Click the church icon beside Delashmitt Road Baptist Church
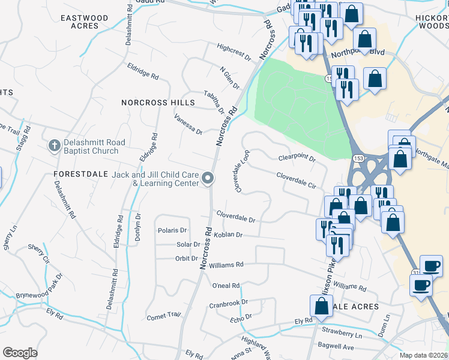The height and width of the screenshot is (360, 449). tap(54, 146)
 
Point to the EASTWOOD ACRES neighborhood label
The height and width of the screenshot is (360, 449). tap(85, 22)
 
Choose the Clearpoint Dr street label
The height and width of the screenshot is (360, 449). tap(297, 158)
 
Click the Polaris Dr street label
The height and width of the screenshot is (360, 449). tap(172, 230)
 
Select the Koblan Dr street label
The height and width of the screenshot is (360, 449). tap(228, 235)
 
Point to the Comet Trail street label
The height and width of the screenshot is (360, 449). tap(163, 315)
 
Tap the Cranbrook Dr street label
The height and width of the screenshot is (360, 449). tap(228, 304)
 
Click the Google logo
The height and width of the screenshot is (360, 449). tap(20, 353)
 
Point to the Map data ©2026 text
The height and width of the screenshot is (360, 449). tap(424, 355)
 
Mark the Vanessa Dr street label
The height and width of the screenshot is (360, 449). tap(188, 125)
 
